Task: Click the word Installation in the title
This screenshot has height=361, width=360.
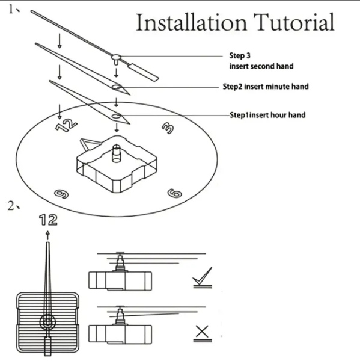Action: (191, 22)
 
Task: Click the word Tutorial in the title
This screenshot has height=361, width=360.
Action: (294, 22)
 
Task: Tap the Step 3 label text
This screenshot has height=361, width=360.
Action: (240, 55)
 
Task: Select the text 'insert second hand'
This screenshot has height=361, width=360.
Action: (261, 66)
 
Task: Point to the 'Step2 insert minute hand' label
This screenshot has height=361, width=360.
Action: (266, 87)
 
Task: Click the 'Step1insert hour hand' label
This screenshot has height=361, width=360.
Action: (267, 115)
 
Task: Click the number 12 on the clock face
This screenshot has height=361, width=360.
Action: (66, 125)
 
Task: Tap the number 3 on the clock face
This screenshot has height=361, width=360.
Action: (168, 128)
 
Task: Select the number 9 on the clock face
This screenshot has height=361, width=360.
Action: (61, 194)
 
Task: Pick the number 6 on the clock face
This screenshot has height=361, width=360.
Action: (175, 193)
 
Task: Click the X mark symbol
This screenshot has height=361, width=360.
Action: (202, 332)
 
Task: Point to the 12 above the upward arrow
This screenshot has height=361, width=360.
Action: (48, 220)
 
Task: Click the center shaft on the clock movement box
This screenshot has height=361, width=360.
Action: (117, 153)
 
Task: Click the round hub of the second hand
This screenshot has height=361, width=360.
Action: (116, 57)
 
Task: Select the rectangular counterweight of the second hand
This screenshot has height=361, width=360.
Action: (143, 72)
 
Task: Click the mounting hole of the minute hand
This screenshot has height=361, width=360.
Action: (117, 87)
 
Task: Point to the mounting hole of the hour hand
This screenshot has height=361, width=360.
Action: (117, 116)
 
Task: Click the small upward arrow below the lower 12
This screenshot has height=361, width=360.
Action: (47, 235)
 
